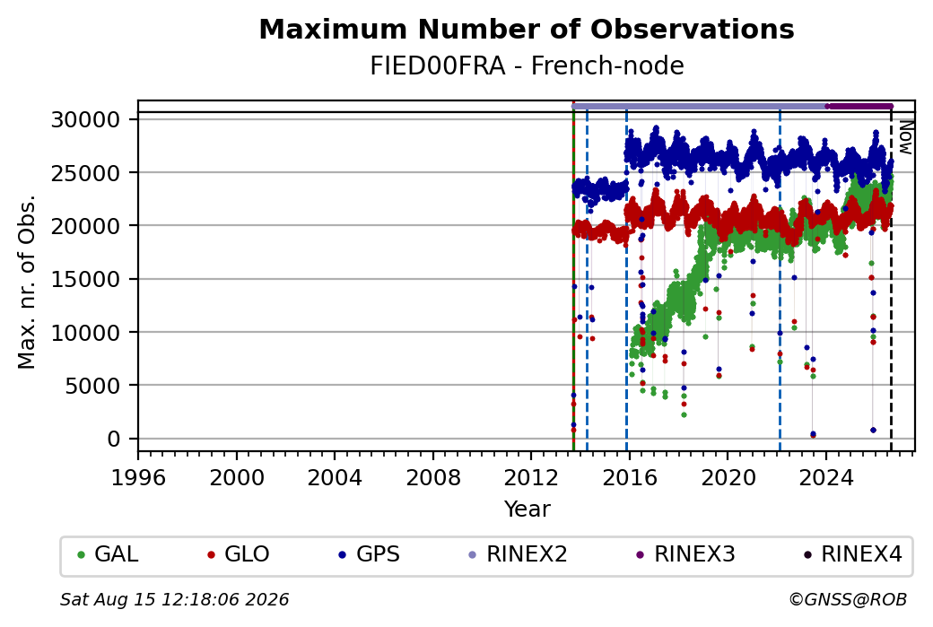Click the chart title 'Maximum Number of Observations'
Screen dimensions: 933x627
pyautogui.click(x=527, y=29)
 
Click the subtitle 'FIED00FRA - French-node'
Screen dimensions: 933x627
pyautogui.click(x=527, y=65)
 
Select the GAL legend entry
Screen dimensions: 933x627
pyautogui.click(x=108, y=554)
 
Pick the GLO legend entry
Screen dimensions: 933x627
pyautogui.click(x=238, y=554)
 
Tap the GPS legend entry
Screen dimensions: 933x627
pyautogui.click(x=369, y=554)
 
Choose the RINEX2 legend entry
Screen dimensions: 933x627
pyautogui.click(x=518, y=554)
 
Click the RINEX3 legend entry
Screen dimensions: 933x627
pyautogui.click(x=685, y=554)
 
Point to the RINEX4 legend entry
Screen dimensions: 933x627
pyautogui.click(x=852, y=554)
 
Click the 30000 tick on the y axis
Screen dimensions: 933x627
pyautogui.click(x=86, y=120)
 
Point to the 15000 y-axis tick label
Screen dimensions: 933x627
pyautogui.click(x=86, y=280)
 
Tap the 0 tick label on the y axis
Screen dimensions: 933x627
pyautogui.click(x=114, y=439)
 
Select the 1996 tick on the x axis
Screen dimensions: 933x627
pyautogui.click(x=138, y=477)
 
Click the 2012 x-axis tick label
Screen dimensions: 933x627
pyautogui.click(x=531, y=477)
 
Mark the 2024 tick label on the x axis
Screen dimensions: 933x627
pyautogui.click(x=826, y=477)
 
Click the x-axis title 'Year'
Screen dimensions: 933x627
pyautogui.click(x=528, y=509)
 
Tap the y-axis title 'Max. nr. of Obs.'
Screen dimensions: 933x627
pyautogui.click(x=27, y=282)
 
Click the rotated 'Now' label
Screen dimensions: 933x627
pyautogui.click(x=905, y=137)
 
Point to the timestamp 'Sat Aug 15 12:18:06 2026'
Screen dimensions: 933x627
pyautogui.click(x=174, y=599)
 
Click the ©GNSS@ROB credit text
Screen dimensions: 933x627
pyautogui.click(x=848, y=599)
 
